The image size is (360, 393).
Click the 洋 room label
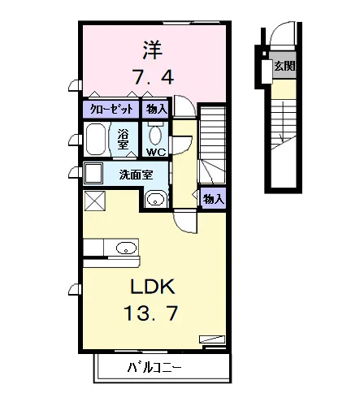click(153, 50)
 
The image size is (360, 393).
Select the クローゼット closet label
click(111, 109)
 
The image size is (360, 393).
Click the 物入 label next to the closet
click(156, 109)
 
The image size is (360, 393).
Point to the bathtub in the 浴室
click(95, 140)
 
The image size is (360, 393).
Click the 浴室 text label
click(123, 139)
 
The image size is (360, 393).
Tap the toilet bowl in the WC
click(155, 136)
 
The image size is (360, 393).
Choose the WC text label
click(156, 153)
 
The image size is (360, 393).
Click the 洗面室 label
click(136, 175)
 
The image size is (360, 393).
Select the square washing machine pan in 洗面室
click(93, 173)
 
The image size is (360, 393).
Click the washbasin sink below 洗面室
click(156, 200)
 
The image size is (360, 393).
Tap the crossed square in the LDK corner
click(94, 201)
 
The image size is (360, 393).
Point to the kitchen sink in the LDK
click(126, 248)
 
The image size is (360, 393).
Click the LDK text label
click(153, 287)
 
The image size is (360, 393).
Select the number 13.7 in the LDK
click(151, 313)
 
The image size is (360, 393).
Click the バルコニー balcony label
click(154, 368)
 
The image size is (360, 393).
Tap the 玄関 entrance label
click(285, 66)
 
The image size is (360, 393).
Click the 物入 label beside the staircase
click(214, 200)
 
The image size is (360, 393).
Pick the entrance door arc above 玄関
click(279, 30)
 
